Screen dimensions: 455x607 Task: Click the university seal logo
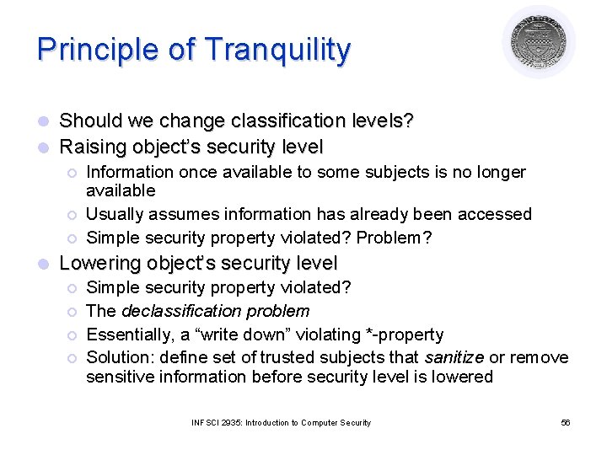click(x=539, y=42)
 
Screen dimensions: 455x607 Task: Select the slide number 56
click(x=565, y=422)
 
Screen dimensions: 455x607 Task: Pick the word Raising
click(x=93, y=147)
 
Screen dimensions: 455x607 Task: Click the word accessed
click(x=498, y=215)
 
